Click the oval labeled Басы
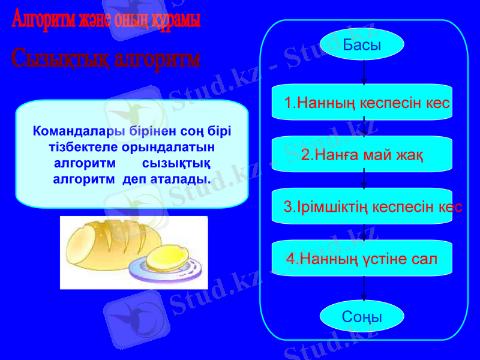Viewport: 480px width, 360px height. tap(362, 44)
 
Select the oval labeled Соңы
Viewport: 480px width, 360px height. tap(362, 316)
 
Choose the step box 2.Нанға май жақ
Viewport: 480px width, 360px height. tap(362, 155)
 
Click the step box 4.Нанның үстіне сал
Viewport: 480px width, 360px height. tap(362, 259)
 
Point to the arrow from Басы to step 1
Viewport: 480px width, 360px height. tap(364, 72)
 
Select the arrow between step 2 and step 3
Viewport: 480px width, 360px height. tap(364, 179)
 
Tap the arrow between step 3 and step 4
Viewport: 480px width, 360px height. tap(364, 232)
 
